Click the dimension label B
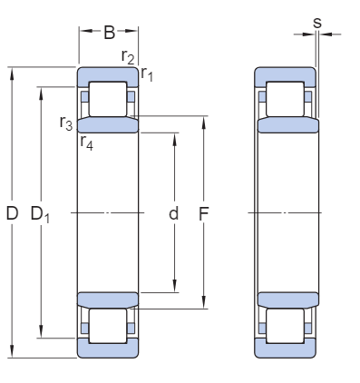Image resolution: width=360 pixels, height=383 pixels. [x=110, y=33]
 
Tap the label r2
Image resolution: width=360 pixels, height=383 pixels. [x=128, y=57]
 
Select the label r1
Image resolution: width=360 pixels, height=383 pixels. [x=147, y=74]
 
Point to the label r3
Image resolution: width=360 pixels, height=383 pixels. [x=66, y=123]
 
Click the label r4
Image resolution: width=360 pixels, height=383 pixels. [x=87, y=143]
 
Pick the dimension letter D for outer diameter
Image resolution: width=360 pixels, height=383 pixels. [x=12, y=213]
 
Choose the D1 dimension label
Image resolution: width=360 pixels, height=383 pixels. [x=40, y=214]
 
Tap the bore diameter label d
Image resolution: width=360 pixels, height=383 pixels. [x=173, y=213]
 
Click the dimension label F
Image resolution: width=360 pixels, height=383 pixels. [x=204, y=214]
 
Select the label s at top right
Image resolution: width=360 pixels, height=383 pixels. [x=317, y=23]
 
